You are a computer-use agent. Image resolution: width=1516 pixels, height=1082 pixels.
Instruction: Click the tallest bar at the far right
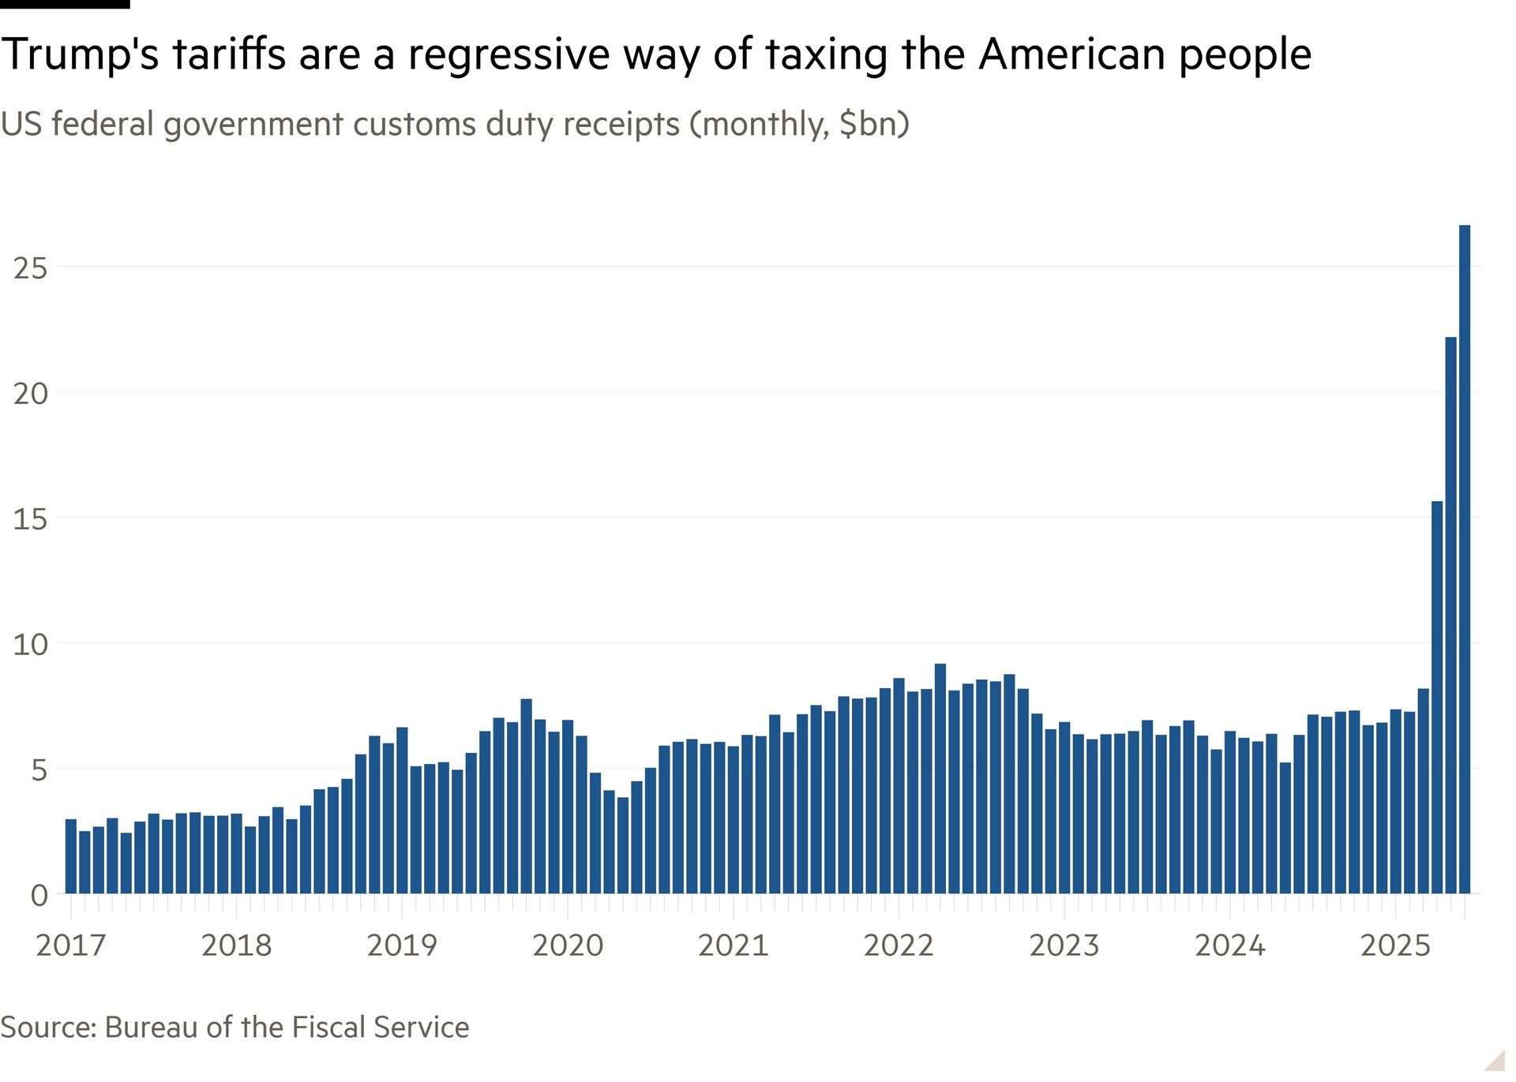tap(1464, 560)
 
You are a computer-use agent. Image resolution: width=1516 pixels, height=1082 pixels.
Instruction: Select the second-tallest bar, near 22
tap(1450, 616)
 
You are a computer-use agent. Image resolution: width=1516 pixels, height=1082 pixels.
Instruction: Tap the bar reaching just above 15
tap(1436, 698)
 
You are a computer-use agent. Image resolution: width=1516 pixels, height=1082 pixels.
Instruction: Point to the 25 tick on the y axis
tap(30, 269)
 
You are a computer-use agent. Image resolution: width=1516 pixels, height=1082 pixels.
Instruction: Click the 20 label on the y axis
tap(30, 394)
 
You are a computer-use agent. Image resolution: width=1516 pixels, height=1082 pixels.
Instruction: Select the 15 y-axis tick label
tap(30, 519)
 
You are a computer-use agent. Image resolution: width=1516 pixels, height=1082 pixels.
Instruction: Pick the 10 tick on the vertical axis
tap(30, 645)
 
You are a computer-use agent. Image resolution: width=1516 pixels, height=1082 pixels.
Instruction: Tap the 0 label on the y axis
tap(39, 896)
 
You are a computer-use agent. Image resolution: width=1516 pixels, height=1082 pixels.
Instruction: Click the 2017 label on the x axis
tap(71, 945)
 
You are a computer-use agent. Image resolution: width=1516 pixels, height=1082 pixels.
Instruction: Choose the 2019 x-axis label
tap(402, 945)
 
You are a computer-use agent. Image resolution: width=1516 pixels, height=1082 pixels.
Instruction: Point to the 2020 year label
tap(568, 945)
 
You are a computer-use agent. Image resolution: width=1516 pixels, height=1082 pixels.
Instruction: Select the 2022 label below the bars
tap(899, 945)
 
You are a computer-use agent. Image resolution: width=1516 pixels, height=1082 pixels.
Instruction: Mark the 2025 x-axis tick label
tap(1395, 945)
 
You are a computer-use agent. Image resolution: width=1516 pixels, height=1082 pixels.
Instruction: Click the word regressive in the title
tap(508, 55)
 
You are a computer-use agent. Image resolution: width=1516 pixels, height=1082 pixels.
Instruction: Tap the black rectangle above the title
tap(65, 4)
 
